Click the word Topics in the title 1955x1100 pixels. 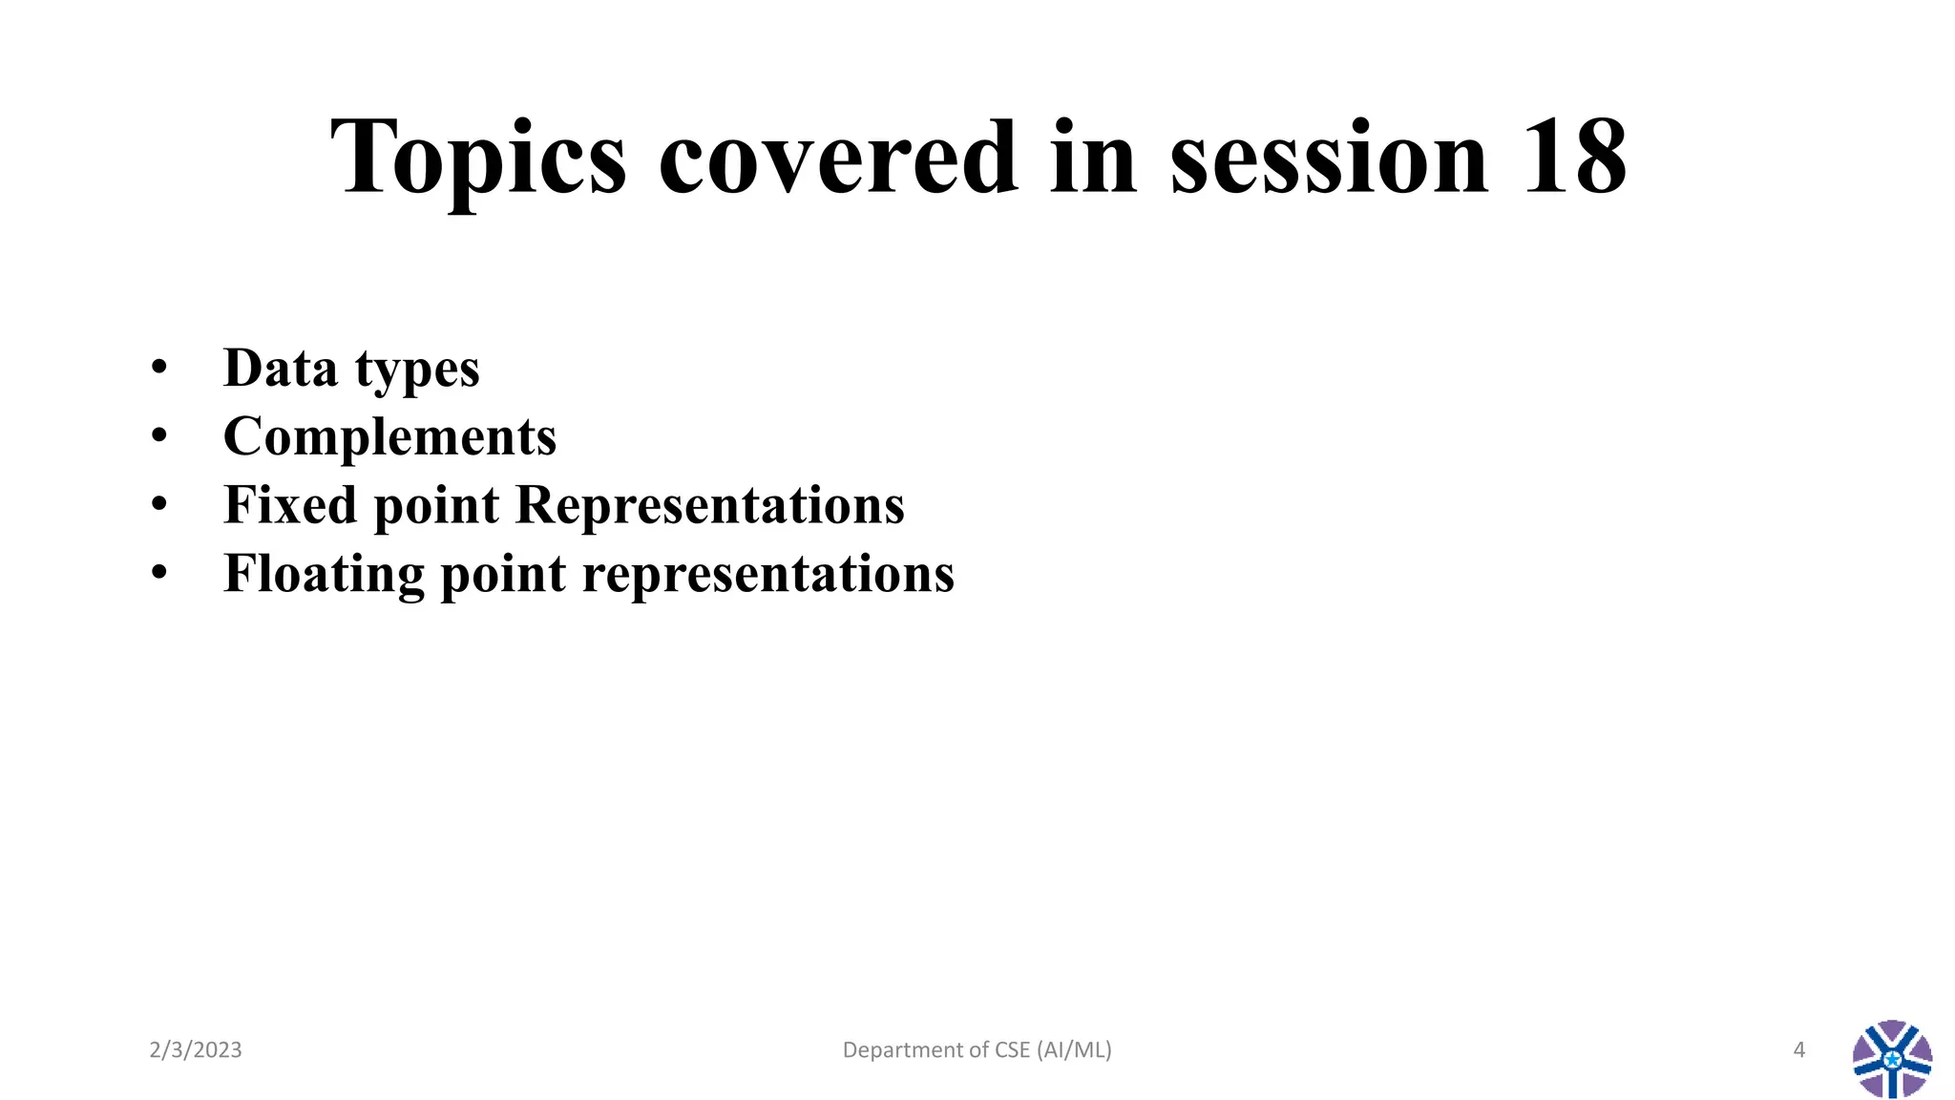477,158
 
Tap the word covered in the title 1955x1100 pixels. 838,158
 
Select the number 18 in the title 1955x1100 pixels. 1574,158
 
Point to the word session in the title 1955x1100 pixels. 1329,158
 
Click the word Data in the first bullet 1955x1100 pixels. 280,368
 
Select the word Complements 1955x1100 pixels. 389,437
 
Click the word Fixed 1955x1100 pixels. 290,504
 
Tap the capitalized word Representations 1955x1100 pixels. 709,504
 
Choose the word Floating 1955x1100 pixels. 324,574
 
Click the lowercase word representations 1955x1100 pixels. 768,574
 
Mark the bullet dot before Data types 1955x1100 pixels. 159,368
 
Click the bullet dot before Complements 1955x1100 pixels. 159,436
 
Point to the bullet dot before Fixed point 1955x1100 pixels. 159,504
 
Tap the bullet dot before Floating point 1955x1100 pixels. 159,573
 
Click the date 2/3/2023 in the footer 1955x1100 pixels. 196,1050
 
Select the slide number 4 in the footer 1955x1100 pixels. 1799,1050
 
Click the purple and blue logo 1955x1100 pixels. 1892,1059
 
